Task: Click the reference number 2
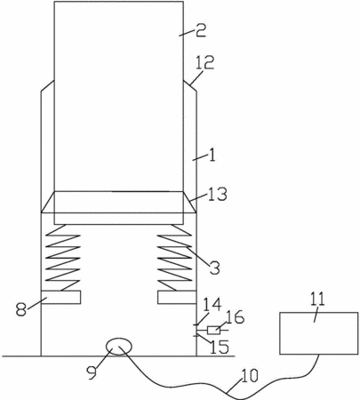point(201,30)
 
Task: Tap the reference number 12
point(205,63)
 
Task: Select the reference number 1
point(212,155)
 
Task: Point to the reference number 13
point(217,194)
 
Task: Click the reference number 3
point(214,268)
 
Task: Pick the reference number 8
point(21,310)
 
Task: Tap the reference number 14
point(212,305)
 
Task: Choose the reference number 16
point(235,317)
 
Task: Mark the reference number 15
point(220,347)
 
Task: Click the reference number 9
point(92,372)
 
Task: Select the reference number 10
point(250,375)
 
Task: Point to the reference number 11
point(317,300)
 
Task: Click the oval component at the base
point(119,347)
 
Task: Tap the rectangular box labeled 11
point(319,333)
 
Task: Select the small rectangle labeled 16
point(213,330)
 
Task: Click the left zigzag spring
point(63,258)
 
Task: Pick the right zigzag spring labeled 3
point(174,258)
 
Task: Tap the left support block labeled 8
point(60,297)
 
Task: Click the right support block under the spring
point(177,297)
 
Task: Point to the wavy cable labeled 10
point(225,392)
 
